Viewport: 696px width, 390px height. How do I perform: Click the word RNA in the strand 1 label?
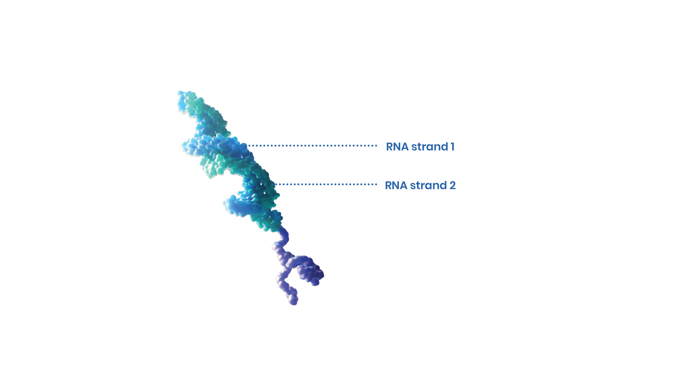click(397, 147)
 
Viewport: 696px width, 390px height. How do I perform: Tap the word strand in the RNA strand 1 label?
click(430, 147)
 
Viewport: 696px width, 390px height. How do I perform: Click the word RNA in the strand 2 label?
click(396, 186)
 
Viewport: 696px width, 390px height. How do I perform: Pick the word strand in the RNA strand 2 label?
click(429, 186)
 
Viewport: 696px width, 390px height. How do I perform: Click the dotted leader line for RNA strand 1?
click(313, 146)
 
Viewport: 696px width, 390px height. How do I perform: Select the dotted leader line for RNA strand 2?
click(326, 184)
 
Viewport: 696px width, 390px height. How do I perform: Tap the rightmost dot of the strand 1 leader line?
click(376, 146)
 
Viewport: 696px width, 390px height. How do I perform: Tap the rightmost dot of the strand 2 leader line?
click(376, 184)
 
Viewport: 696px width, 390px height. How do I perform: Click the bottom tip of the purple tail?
click(294, 303)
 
